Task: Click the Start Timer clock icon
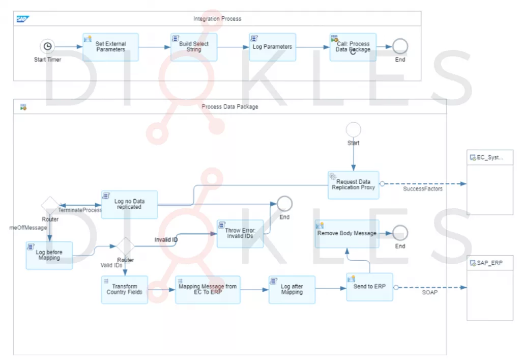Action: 47,46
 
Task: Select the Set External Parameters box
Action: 110,47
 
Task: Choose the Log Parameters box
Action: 272,47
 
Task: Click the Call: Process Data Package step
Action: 353,47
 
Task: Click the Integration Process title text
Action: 217,19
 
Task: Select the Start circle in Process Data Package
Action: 353,129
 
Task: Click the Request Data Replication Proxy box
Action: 353,184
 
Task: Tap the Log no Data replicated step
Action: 129,204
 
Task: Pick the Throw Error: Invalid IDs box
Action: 240,233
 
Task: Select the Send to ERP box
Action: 369,286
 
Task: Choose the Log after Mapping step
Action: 292,289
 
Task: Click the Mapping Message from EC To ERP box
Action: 207,289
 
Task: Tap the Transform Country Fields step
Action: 125,289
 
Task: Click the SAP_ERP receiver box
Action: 489,288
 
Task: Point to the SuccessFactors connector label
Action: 423,189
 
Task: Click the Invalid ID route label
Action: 166,239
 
